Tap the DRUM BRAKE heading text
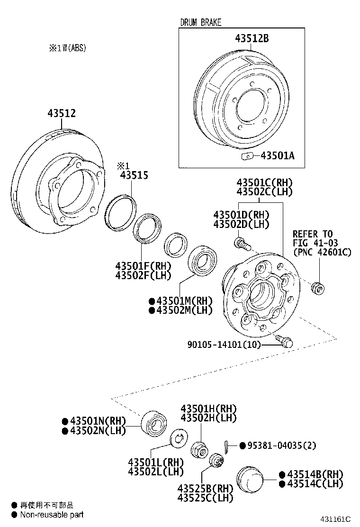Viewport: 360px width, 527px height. click(x=200, y=22)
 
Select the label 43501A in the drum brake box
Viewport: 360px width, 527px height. click(x=277, y=155)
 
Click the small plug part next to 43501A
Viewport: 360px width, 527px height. click(x=245, y=155)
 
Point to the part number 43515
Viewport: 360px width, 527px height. click(x=134, y=175)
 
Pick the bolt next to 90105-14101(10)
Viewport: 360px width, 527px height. click(x=285, y=341)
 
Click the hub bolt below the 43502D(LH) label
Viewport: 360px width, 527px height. click(x=242, y=244)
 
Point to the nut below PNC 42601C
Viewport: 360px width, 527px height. click(x=317, y=287)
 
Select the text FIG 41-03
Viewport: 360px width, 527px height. click(x=315, y=243)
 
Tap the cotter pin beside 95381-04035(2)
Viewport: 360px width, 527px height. click(x=227, y=446)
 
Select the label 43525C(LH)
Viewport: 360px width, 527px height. click(x=205, y=498)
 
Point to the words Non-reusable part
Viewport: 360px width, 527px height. click(x=52, y=514)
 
